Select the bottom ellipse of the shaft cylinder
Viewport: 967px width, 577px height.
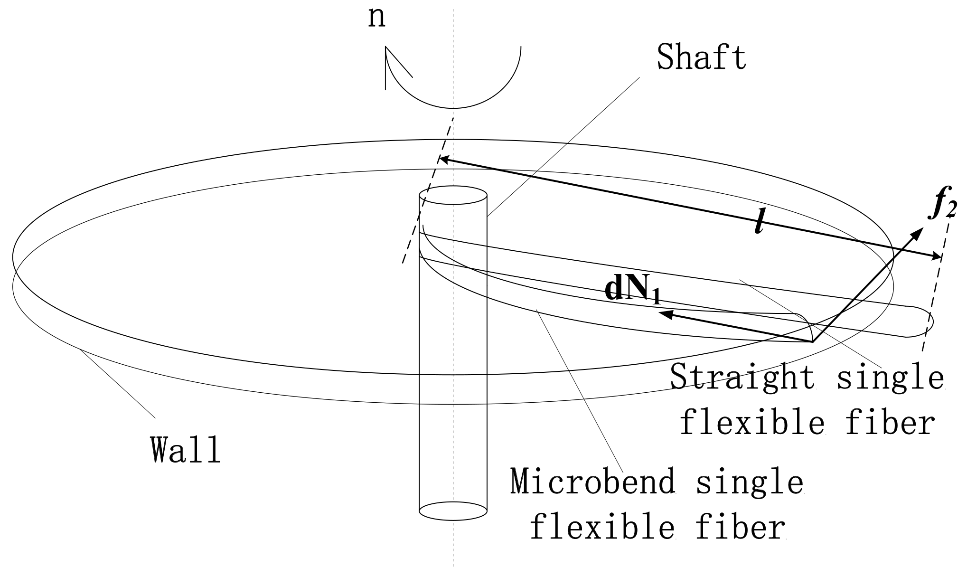click(453, 511)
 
